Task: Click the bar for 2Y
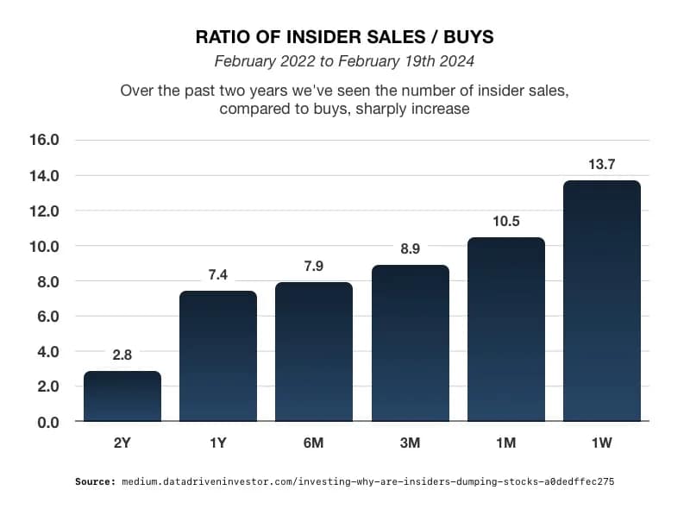(122, 397)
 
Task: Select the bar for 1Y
(218, 356)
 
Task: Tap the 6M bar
(314, 352)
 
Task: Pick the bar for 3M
(410, 343)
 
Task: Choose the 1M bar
(506, 330)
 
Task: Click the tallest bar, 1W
(602, 301)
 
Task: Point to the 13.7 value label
(602, 165)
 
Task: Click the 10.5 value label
(506, 221)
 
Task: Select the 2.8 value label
(122, 355)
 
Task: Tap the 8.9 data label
(410, 249)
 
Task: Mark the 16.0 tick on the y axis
(44, 140)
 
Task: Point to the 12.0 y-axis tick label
(44, 211)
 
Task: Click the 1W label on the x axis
(602, 443)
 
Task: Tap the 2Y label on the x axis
(122, 443)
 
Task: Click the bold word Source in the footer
(95, 482)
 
